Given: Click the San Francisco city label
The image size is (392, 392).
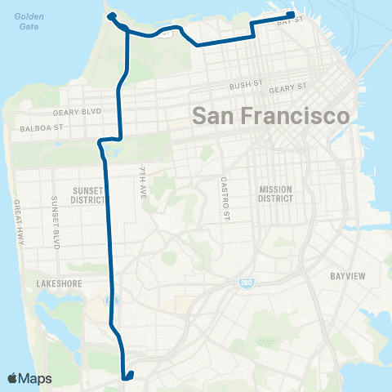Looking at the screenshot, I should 271,116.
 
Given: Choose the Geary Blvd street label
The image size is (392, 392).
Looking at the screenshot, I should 76,112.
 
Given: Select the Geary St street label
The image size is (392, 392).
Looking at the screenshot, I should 289,87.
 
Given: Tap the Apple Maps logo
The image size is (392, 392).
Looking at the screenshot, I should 29,378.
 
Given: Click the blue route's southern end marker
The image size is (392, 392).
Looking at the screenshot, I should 128,376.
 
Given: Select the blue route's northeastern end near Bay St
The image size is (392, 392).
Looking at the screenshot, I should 291,14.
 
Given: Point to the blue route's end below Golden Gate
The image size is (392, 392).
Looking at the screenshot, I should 110,16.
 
